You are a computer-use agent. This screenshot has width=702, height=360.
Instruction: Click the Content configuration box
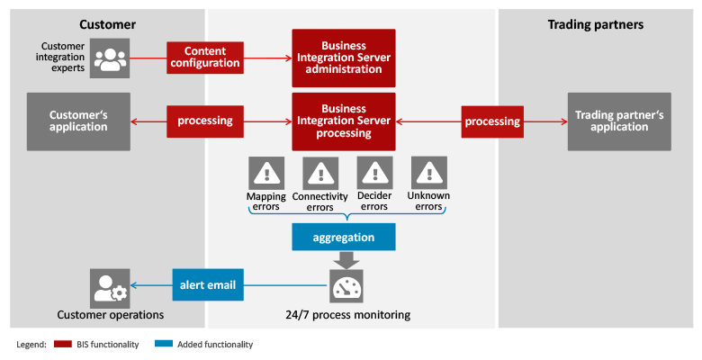pos(205,58)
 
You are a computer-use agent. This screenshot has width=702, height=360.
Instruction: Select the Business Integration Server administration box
pos(344,58)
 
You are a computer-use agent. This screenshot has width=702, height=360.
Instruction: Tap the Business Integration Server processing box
pos(344,121)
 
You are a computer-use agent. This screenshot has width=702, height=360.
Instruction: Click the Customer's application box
pos(78,121)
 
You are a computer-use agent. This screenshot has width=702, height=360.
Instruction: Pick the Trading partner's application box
pos(619,121)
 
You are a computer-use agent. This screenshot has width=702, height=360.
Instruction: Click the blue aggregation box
pos(344,237)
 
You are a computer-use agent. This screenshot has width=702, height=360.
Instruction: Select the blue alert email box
pos(208,284)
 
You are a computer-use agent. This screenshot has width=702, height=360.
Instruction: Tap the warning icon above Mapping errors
pos(266,173)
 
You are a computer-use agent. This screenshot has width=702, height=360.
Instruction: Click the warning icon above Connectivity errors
pos(320,173)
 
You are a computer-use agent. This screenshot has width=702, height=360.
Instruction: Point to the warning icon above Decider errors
pos(374,173)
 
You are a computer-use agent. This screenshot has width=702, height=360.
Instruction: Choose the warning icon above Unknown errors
pos(429,173)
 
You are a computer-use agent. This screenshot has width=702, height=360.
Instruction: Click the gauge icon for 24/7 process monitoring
pos(346,286)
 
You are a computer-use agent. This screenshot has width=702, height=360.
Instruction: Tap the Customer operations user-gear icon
pos(110,288)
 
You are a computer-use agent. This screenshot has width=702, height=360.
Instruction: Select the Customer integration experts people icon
pos(110,58)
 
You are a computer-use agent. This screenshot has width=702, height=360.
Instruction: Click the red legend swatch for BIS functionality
pos(63,344)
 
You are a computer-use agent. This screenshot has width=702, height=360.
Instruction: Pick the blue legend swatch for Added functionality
pos(164,344)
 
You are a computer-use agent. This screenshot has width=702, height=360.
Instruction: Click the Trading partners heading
pos(596,24)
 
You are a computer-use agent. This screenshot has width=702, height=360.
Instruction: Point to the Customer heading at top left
pos(107,24)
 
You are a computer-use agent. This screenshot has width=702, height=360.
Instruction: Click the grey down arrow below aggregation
pos(346,260)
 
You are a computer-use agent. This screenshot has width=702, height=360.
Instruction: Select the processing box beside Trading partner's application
pos(492,121)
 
